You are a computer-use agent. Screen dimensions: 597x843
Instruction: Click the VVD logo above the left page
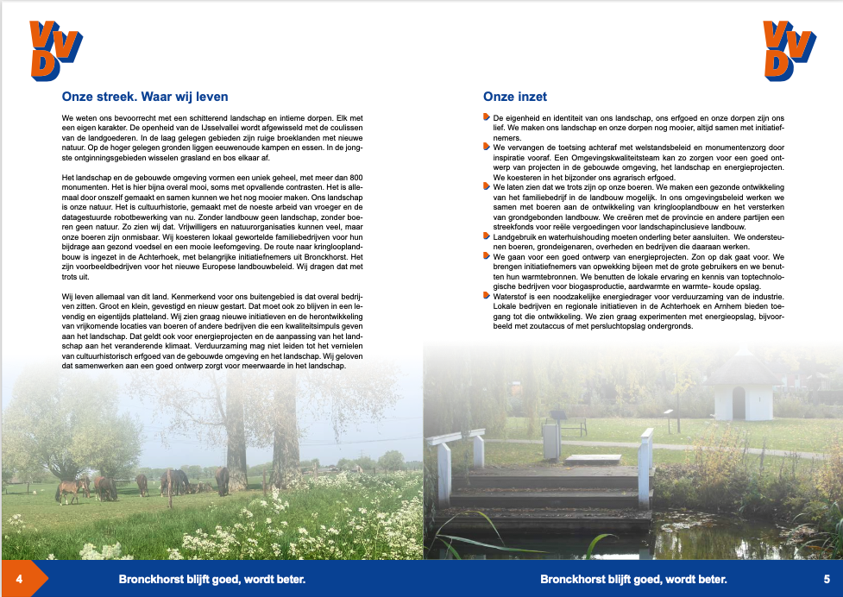tap(56, 49)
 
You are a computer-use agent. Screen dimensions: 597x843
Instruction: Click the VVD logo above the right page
tap(789, 49)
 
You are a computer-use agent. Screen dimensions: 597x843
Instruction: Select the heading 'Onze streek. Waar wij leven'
tap(145, 97)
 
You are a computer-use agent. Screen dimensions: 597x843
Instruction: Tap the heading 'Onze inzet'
tap(515, 97)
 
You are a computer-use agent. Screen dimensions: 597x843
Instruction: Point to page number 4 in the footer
tap(18, 578)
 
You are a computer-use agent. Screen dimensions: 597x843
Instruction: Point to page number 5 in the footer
tap(826, 578)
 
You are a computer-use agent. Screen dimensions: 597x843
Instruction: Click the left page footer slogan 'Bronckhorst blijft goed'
tap(212, 579)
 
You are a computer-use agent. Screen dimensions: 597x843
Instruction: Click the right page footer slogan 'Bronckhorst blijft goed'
tap(633, 579)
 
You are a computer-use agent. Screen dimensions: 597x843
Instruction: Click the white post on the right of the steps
tap(644, 466)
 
